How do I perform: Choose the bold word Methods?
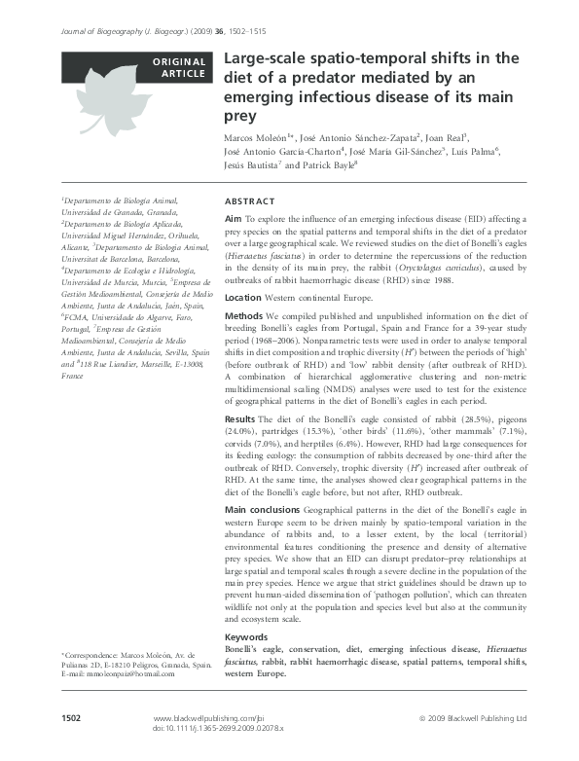[244, 316]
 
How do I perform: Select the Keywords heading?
[246, 636]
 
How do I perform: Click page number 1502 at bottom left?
[71, 716]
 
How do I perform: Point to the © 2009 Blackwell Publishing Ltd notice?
[472, 717]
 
